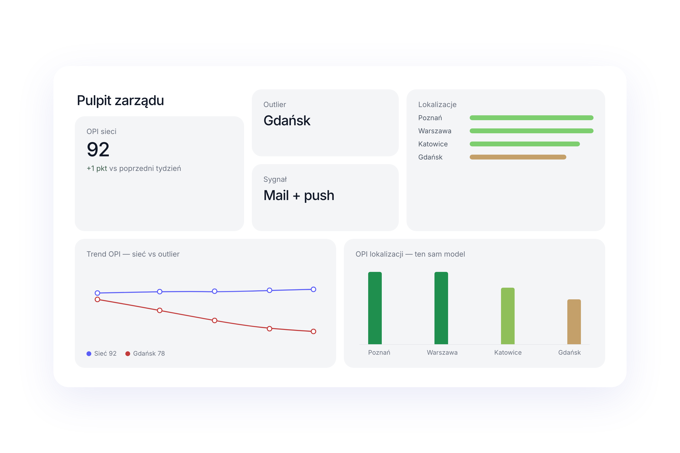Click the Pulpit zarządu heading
click(120, 101)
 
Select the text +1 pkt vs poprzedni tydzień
click(134, 168)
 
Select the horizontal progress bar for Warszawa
click(531, 131)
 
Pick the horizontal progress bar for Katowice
click(525, 144)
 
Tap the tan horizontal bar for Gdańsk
click(518, 157)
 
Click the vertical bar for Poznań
click(375, 308)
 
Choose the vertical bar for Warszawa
click(441, 308)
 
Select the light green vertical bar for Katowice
click(508, 316)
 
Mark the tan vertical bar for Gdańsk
click(574, 322)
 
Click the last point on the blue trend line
click(313, 289)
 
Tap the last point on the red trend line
click(313, 331)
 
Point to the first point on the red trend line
click(97, 299)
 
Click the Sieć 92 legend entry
click(102, 353)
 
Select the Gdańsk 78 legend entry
click(145, 353)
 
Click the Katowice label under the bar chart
click(508, 352)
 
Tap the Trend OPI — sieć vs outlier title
click(133, 254)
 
